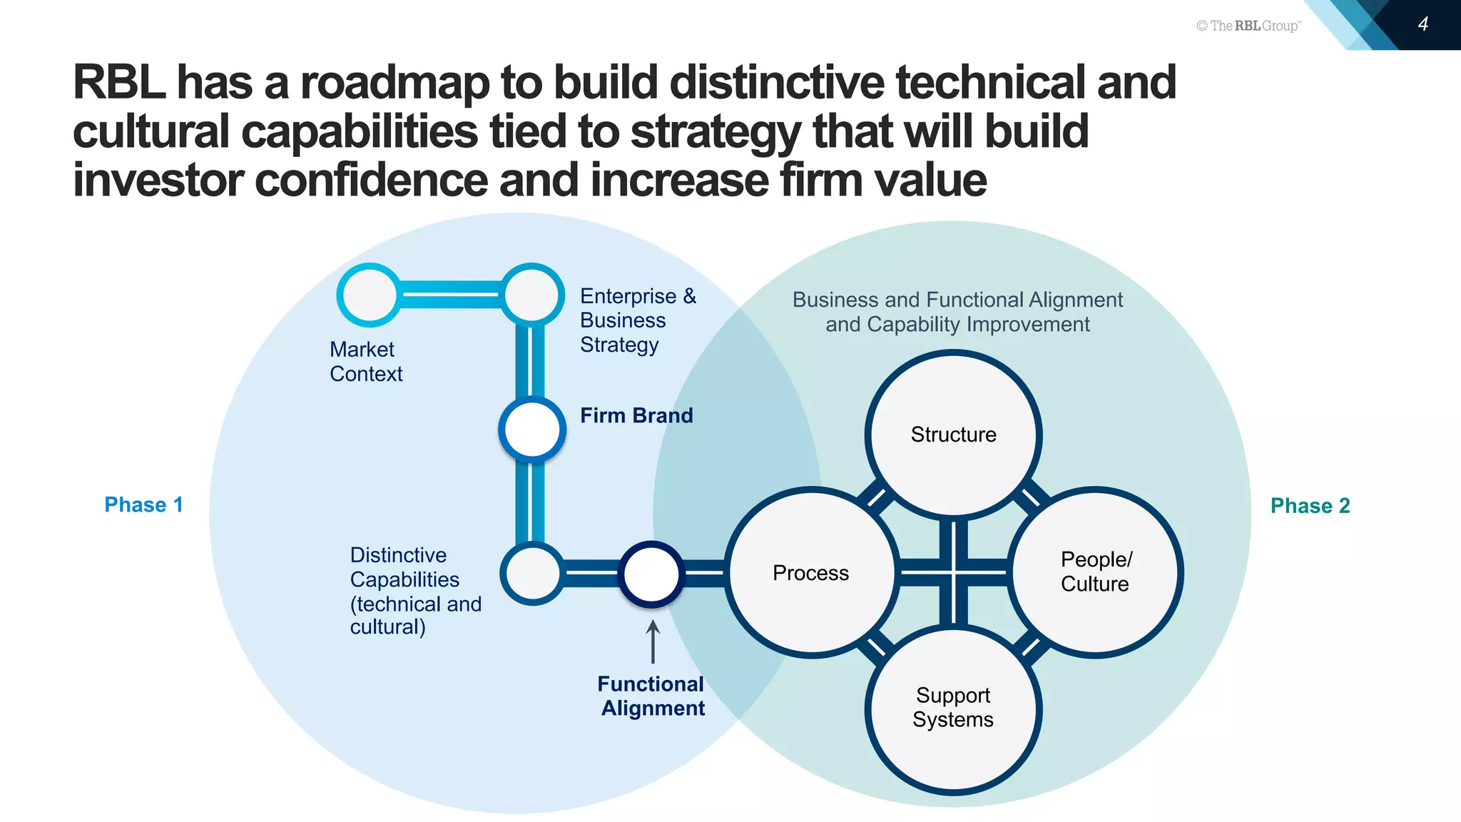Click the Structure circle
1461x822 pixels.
tap(953, 434)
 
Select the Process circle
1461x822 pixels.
tap(811, 572)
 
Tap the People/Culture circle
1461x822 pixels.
tap(1095, 572)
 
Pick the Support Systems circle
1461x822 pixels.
tap(953, 709)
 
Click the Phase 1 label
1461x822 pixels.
tap(143, 504)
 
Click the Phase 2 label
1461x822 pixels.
tap(1310, 505)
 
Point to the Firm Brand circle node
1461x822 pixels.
tap(532, 430)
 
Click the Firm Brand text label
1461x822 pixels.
tap(636, 415)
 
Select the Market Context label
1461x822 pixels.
tap(366, 361)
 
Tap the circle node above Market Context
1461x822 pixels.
tap(369, 295)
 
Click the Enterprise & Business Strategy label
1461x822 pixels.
tap(637, 320)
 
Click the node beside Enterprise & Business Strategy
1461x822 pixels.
tap(532, 294)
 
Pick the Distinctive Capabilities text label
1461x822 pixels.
tap(415, 591)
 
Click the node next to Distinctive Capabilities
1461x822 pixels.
tap(532, 573)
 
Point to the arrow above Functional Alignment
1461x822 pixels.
tap(652, 641)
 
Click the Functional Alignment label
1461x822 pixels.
tap(651, 696)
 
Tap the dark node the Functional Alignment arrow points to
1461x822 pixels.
tap(651, 574)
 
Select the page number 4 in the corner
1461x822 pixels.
tap(1423, 24)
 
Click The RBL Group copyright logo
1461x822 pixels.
tap(1248, 26)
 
